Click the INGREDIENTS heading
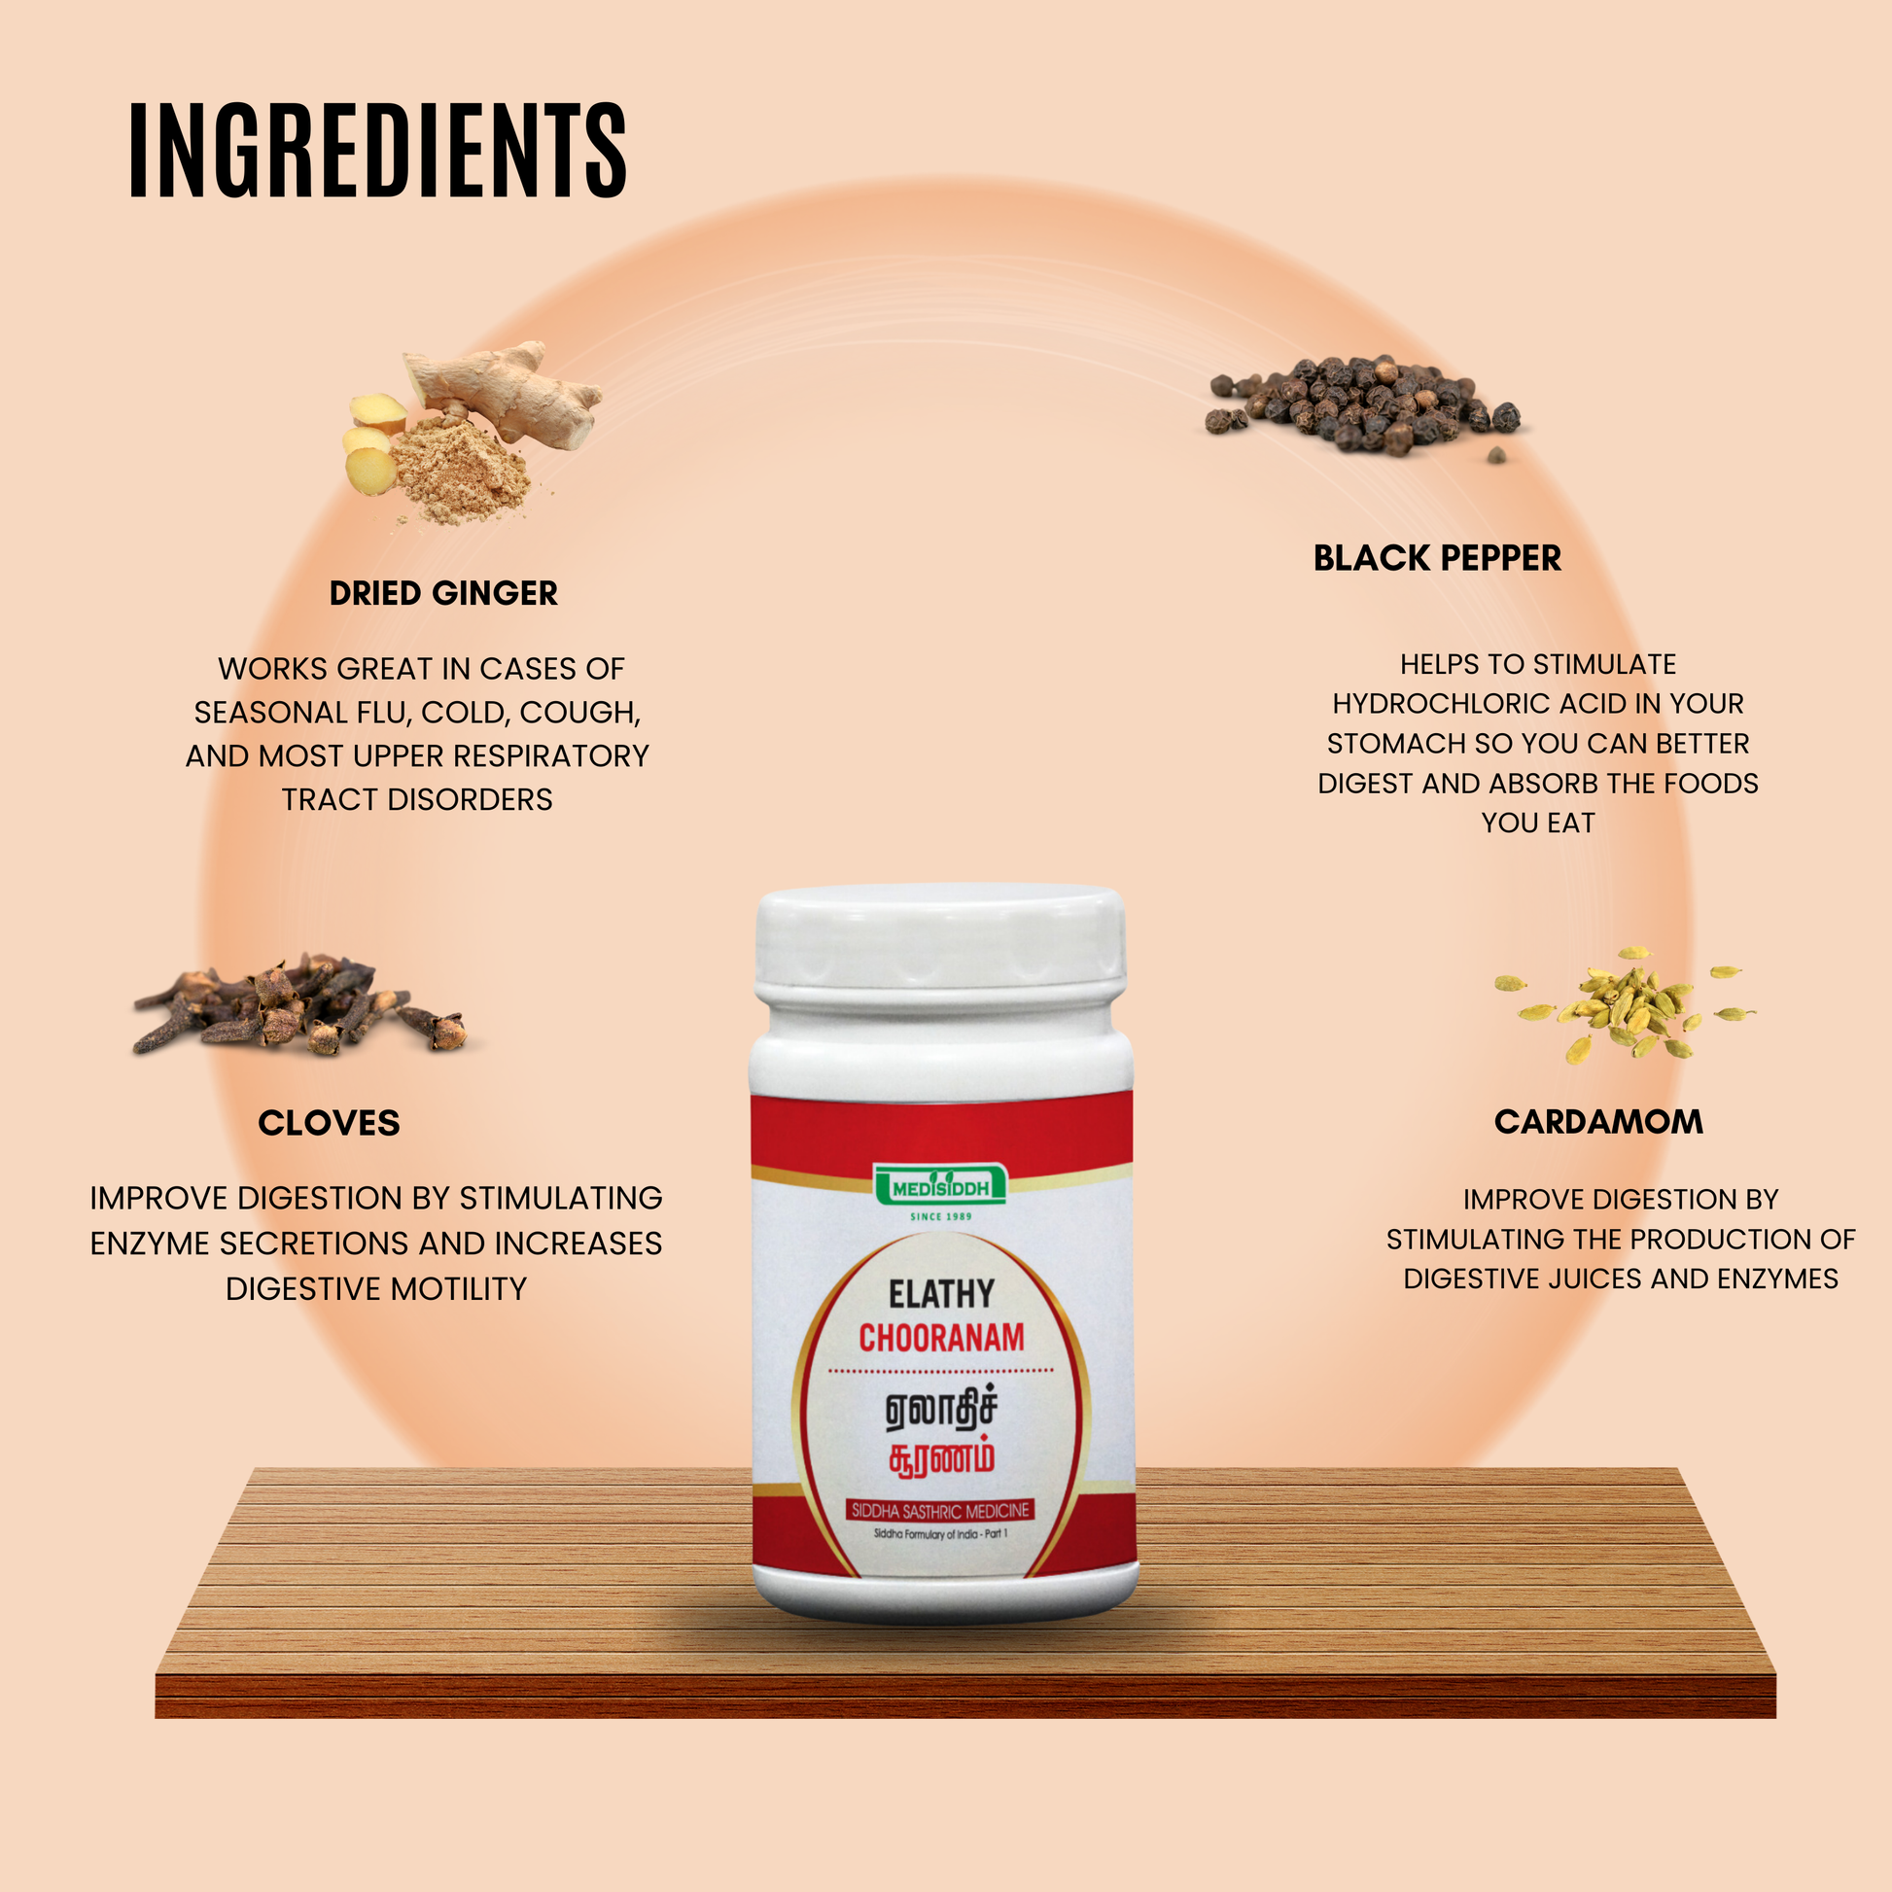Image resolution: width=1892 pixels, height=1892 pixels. (377, 151)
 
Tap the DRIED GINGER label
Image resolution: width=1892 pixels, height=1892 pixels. (443, 593)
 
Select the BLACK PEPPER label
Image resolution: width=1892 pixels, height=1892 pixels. (1437, 558)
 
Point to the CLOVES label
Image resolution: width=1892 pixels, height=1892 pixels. (329, 1123)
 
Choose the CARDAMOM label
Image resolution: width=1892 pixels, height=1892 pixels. (1598, 1122)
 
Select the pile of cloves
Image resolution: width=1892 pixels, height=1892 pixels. (298, 1006)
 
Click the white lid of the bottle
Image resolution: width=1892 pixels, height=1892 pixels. (940, 940)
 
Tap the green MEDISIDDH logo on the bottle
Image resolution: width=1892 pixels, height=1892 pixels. (940, 1187)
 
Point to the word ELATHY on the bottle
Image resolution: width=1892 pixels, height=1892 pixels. (941, 1295)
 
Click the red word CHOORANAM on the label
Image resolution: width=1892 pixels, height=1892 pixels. (941, 1338)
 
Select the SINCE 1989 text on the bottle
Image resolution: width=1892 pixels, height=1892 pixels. (941, 1217)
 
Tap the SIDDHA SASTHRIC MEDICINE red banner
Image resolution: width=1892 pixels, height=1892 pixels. (940, 1511)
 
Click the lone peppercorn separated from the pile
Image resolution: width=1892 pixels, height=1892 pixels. (1496, 455)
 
